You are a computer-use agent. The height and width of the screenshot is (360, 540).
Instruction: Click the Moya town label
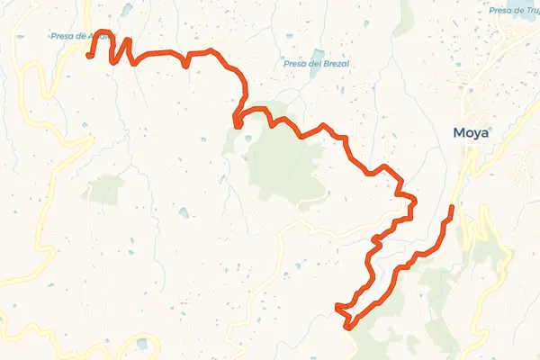click(472, 134)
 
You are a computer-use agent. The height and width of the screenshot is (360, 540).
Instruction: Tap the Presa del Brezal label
click(316, 64)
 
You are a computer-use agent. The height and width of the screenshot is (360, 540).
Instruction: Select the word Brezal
click(333, 64)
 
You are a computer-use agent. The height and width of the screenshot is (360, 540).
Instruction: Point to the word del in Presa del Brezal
click(310, 64)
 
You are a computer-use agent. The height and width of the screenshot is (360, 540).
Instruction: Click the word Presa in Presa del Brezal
click(293, 64)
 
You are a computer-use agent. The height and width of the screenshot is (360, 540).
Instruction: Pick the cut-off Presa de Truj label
click(515, 11)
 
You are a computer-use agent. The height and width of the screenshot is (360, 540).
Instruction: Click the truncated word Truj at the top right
click(530, 11)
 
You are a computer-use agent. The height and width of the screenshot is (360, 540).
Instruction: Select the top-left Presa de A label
click(81, 37)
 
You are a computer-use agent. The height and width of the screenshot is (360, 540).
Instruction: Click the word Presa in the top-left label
click(61, 37)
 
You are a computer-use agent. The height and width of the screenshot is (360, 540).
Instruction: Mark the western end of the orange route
click(89, 56)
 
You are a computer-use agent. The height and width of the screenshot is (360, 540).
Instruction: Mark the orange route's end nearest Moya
click(451, 209)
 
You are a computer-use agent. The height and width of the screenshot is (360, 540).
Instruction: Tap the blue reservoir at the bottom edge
click(141, 344)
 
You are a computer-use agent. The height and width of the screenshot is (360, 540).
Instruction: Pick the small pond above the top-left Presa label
click(126, 10)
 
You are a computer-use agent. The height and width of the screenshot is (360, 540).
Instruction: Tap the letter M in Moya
click(459, 134)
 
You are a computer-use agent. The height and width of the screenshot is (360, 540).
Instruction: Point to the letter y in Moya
click(478, 135)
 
